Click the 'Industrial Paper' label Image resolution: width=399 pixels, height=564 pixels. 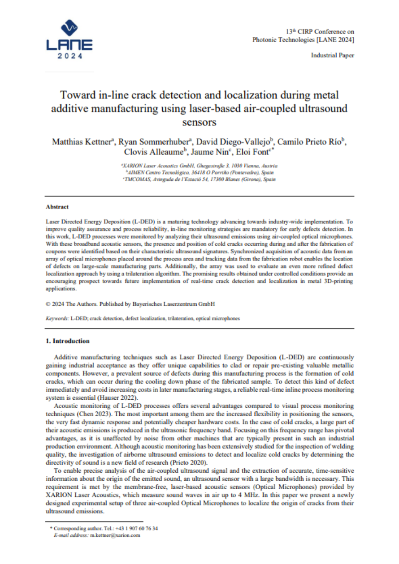(332, 56)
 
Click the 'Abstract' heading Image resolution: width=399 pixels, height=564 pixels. (57, 207)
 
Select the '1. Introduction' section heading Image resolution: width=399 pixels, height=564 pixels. (68, 341)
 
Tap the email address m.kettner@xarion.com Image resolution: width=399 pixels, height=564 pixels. (115, 535)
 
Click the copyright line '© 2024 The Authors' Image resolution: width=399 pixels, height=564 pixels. (130, 304)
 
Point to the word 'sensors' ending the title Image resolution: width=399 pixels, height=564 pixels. (199, 121)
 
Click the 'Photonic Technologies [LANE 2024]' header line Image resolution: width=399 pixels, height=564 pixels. (304, 40)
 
